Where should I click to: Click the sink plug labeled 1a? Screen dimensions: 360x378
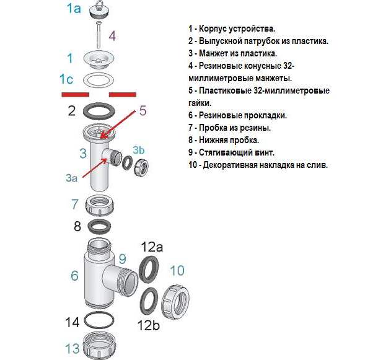[x=99, y=9]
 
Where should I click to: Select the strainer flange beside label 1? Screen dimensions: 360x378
[x=99, y=59]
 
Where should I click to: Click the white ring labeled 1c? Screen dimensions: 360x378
[x=99, y=80]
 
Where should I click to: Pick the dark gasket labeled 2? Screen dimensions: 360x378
[x=99, y=112]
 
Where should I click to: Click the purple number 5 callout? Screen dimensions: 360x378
[x=143, y=110]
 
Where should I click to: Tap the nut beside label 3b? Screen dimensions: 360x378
[x=141, y=165]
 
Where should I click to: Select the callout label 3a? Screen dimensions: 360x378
[x=71, y=178]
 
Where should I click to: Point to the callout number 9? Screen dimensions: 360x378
[x=122, y=258]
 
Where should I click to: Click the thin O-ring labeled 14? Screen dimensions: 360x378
[x=99, y=322]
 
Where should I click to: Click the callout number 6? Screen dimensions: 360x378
[x=74, y=275]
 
